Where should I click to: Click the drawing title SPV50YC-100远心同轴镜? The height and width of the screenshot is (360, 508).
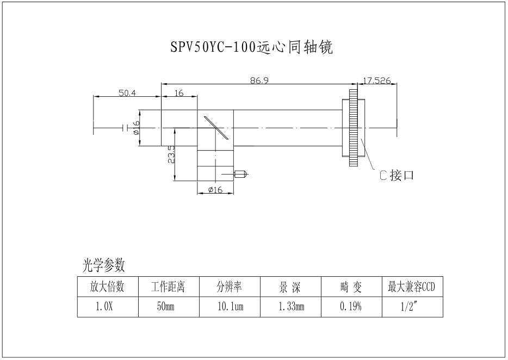[x=251, y=48]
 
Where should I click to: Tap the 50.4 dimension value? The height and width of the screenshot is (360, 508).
[x=127, y=94]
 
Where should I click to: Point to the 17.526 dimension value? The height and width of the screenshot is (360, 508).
[x=376, y=80]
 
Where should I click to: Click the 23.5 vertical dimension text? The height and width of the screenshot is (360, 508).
[x=171, y=155]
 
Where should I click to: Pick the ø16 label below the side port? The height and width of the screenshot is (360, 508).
[x=216, y=190]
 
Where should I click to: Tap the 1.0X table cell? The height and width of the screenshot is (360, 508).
[x=107, y=307]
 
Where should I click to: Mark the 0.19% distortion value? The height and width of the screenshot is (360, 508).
[x=351, y=307]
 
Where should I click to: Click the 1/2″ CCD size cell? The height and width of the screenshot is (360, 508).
[x=411, y=307]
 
